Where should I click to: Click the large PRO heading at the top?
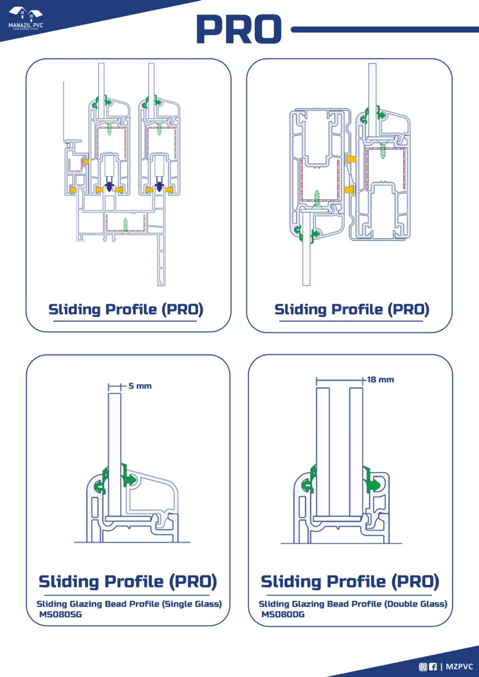(239, 29)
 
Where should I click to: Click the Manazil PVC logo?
(26, 18)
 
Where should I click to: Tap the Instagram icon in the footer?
(423, 667)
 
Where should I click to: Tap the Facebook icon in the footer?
(433, 667)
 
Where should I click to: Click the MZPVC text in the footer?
(459, 667)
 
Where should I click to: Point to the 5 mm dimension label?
(140, 386)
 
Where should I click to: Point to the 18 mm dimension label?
(380, 380)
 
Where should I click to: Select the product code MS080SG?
(60, 614)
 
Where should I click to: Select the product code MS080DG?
(283, 614)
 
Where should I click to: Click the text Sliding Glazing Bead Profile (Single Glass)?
(129, 604)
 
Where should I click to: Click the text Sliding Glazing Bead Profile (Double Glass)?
(353, 604)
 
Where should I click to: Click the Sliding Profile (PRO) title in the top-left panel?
(125, 310)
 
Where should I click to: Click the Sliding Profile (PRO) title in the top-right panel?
(352, 310)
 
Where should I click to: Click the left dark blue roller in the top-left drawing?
(109, 186)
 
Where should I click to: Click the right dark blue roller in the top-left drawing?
(159, 186)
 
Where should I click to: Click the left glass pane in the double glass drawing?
(323, 452)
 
